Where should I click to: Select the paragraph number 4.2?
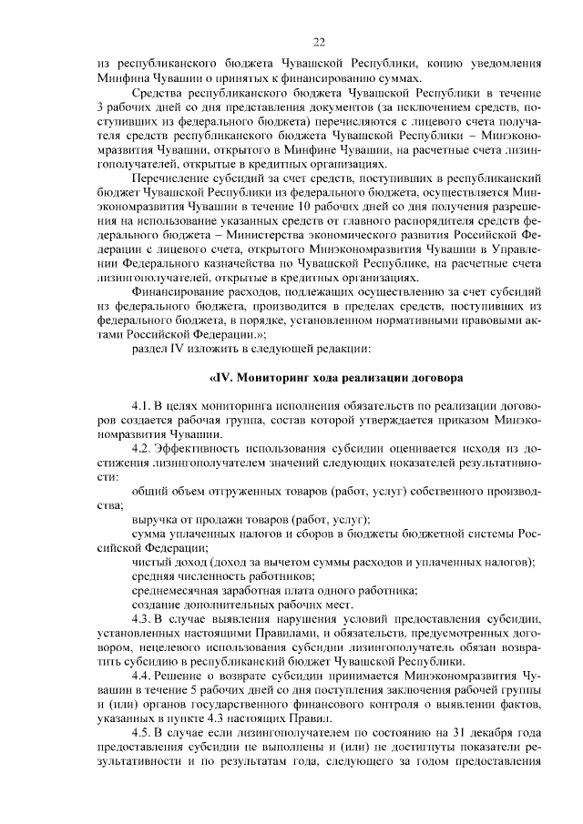click(x=143, y=448)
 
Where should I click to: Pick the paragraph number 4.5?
click(x=143, y=733)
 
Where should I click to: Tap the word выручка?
click(x=155, y=519)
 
